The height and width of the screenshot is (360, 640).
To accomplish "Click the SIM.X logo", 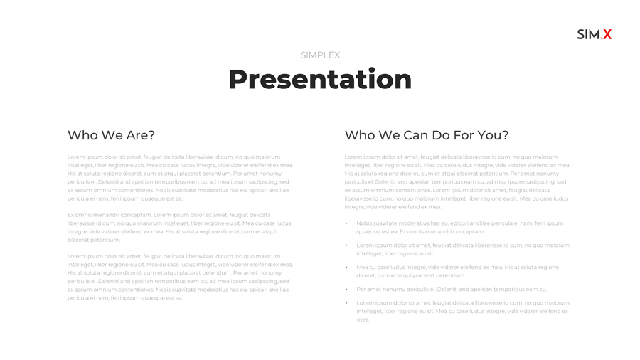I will point(594,34).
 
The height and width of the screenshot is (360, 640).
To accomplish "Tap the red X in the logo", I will point(607,34).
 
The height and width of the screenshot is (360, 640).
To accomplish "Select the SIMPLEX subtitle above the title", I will point(320,55).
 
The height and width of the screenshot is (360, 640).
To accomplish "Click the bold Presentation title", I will point(320,79).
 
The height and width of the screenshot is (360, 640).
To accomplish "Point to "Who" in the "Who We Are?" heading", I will point(80,135).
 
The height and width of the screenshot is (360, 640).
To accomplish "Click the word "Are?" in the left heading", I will point(141,135).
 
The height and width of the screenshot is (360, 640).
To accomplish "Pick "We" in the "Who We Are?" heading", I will point(111,135).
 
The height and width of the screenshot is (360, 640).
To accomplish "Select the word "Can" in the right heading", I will point(417,135).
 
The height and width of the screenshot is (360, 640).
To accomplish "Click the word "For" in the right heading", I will point(469,135).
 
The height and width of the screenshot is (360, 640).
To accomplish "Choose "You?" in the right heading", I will point(495,135).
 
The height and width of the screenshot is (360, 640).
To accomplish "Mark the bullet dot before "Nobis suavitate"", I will point(346,223).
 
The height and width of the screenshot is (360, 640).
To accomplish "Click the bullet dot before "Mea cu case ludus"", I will point(346,268).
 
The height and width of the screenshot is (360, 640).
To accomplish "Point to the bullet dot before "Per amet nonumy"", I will point(346,290).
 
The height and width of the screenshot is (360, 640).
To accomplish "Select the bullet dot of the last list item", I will point(346,303).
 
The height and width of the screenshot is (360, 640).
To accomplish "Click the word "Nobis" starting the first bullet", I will point(364,223).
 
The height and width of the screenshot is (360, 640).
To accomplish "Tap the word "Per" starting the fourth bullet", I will point(361,290).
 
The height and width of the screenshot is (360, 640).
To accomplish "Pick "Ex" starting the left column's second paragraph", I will point(70,215).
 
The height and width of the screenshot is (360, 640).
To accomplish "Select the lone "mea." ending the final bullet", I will point(363,319).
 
